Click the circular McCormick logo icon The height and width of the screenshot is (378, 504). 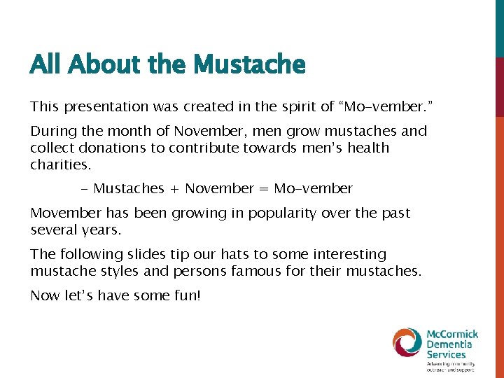[x=407, y=342]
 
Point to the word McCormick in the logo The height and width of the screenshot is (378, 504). [x=453, y=334]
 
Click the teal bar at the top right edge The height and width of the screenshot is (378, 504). [x=499, y=28]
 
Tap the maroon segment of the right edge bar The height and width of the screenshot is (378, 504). [x=499, y=87]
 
